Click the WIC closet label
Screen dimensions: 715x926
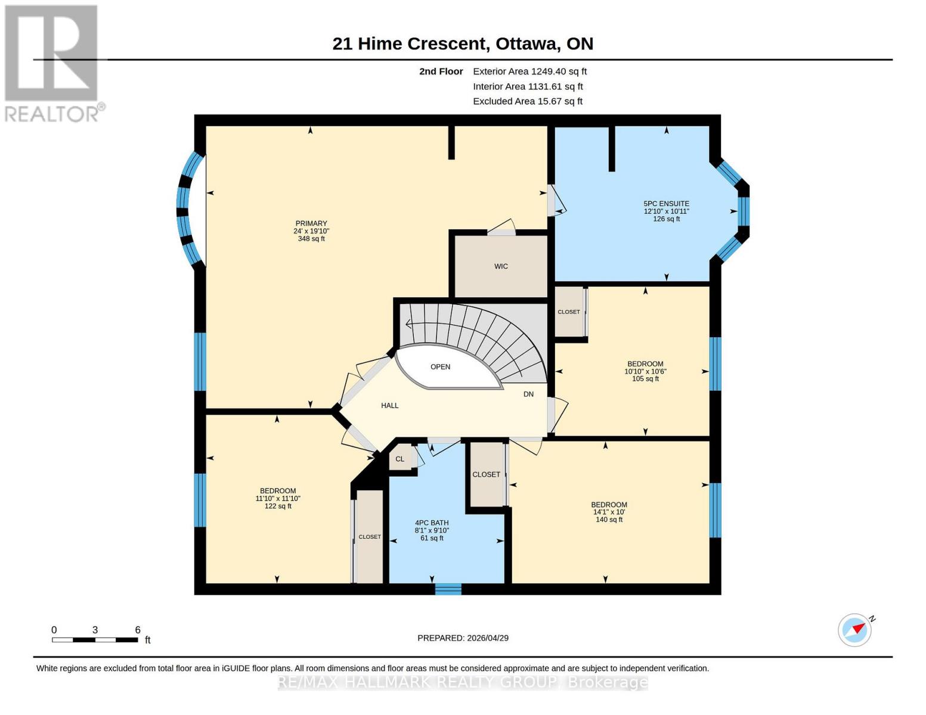[501, 266]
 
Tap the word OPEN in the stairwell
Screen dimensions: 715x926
[440, 367]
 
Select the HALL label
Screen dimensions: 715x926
[389, 406]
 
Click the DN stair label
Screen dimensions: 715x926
[528, 394]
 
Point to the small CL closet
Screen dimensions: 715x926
[400, 459]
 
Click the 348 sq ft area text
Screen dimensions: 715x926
[311, 239]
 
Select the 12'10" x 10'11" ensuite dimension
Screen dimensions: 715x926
[666, 212]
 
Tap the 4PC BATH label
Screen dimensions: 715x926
[432, 523]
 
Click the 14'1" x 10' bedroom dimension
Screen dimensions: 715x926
[609, 512]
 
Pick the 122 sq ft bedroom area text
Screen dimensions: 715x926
[278, 506]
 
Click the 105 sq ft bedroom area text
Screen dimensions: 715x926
[645, 379]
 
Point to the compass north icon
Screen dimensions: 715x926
[856, 630]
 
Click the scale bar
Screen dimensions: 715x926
[95, 640]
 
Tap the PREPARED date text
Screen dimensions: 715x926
[463, 638]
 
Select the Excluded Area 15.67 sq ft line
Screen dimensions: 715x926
[527, 101]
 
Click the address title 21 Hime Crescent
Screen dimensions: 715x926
[463, 43]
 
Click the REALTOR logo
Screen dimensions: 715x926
[52, 63]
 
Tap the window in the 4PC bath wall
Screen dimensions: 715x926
[448, 589]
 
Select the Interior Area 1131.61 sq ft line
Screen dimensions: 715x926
[527, 86]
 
